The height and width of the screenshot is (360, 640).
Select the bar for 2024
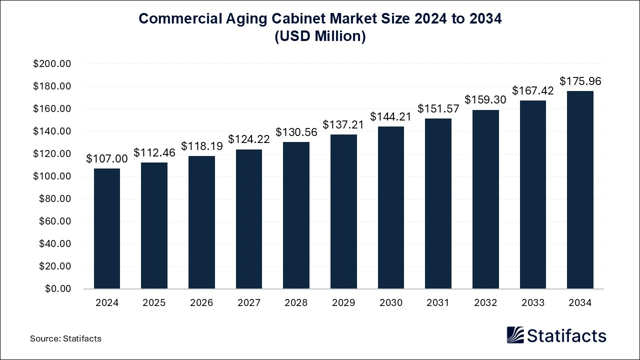point(107,228)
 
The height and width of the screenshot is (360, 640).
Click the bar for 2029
point(343,211)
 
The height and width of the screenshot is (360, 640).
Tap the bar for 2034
point(580,190)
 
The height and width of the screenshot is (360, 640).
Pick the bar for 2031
point(438,203)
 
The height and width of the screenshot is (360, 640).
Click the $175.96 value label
point(580,81)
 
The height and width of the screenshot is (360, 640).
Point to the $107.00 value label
point(107,158)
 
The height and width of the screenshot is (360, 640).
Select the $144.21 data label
point(391,116)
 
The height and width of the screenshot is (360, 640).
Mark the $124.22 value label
point(249,139)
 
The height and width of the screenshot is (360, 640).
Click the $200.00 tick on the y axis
point(52,64)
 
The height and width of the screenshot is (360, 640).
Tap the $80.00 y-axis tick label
point(54,199)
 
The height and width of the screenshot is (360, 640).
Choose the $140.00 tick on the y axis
point(52,131)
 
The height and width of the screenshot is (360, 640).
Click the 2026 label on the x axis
point(201,303)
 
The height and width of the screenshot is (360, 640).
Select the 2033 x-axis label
point(532,303)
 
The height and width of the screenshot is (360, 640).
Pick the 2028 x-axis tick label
point(296,303)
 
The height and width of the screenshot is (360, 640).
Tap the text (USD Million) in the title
point(320,37)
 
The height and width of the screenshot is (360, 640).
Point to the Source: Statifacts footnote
point(65,338)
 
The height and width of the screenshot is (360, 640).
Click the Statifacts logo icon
point(515,335)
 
